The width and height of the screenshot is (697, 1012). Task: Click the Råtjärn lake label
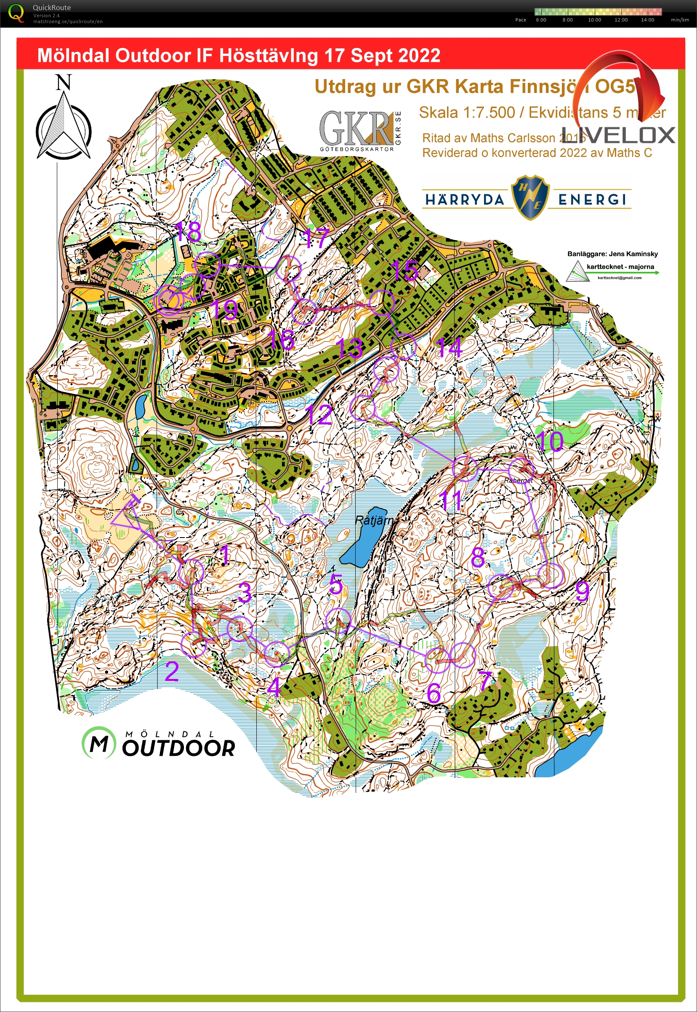[x=374, y=520]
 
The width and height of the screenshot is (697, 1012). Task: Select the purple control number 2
[x=172, y=672]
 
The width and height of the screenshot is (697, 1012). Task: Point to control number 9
[x=582, y=591]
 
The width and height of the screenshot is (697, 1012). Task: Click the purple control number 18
[x=188, y=231]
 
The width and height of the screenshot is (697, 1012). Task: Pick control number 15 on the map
[x=404, y=270]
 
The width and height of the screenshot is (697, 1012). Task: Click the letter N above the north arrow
[x=64, y=82]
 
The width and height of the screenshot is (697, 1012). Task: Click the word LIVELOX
[x=618, y=135]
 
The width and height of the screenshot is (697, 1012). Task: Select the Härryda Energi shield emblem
[x=530, y=197]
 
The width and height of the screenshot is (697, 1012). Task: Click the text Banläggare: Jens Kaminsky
[x=612, y=254]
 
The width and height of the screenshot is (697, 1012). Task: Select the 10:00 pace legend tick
[x=594, y=20]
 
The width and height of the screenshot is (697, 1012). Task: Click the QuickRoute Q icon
[x=16, y=13]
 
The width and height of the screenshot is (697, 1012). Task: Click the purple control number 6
[x=434, y=693]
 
